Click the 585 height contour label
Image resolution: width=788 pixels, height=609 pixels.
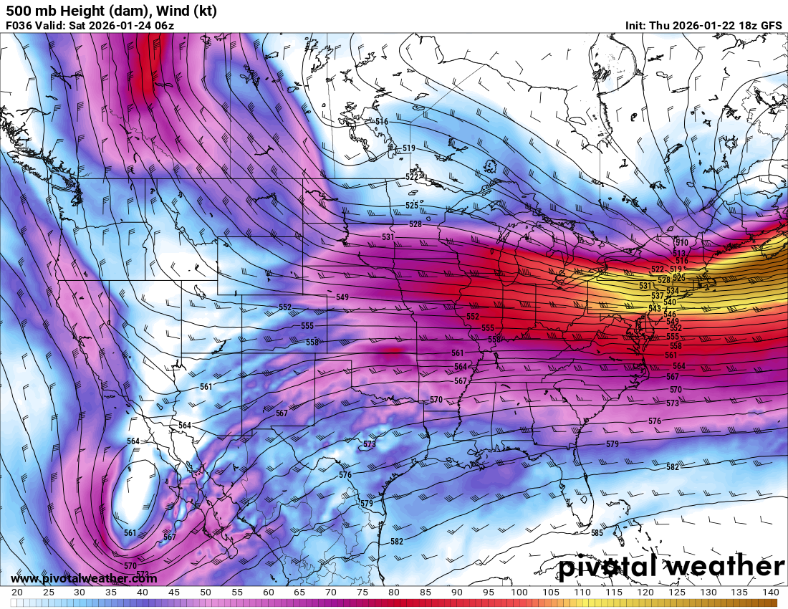click(x=597, y=533)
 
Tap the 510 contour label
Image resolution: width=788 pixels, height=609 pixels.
click(x=681, y=243)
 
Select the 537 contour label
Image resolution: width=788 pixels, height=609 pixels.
click(x=657, y=296)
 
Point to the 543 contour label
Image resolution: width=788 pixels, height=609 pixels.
click(x=655, y=308)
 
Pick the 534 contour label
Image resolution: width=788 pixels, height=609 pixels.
click(x=673, y=291)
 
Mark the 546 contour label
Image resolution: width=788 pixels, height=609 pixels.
click(x=670, y=315)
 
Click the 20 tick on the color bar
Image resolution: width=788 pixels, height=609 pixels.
click(x=17, y=593)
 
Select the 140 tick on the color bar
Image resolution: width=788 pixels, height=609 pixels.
click(x=769, y=593)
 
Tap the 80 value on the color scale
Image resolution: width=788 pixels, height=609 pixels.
click(x=393, y=593)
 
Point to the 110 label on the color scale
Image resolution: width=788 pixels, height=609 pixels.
click(x=582, y=593)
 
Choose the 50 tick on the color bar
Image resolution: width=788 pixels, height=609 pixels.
click(x=205, y=593)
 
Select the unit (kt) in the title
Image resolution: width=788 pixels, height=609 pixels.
click(x=203, y=11)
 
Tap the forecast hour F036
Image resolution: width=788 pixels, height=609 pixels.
click(x=20, y=25)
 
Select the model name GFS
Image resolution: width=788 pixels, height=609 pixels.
click(x=771, y=25)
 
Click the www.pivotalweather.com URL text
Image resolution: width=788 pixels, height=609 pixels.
click(x=84, y=578)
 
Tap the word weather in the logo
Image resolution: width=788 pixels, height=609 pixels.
click(x=725, y=567)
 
